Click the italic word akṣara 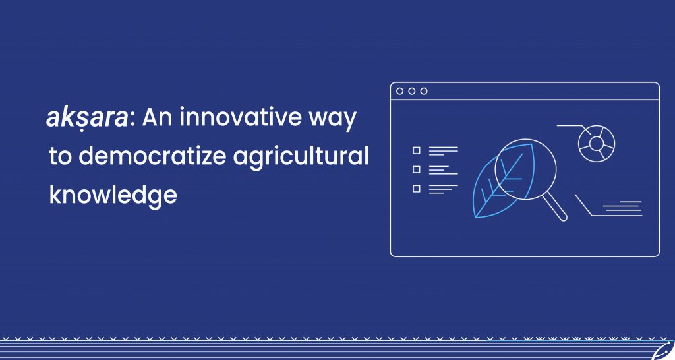click(x=87, y=117)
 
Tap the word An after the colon click(x=157, y=117)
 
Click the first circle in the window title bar click(x=400, y=91)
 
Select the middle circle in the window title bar click(x=412, y=91)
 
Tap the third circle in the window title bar click(x=424, y=91)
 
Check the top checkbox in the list click(x=417, y=150)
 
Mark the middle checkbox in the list click(x=417, y=169)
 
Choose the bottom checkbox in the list click(x=417, y=189)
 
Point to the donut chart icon click(x=596, y=143)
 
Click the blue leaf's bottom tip click(x=476, y=217)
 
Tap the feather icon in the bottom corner click(x=663, y=351)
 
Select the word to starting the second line click(x=60, y=156)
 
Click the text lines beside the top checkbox click(x=444, y=150)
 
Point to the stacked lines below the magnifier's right click(x=622, y=208)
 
